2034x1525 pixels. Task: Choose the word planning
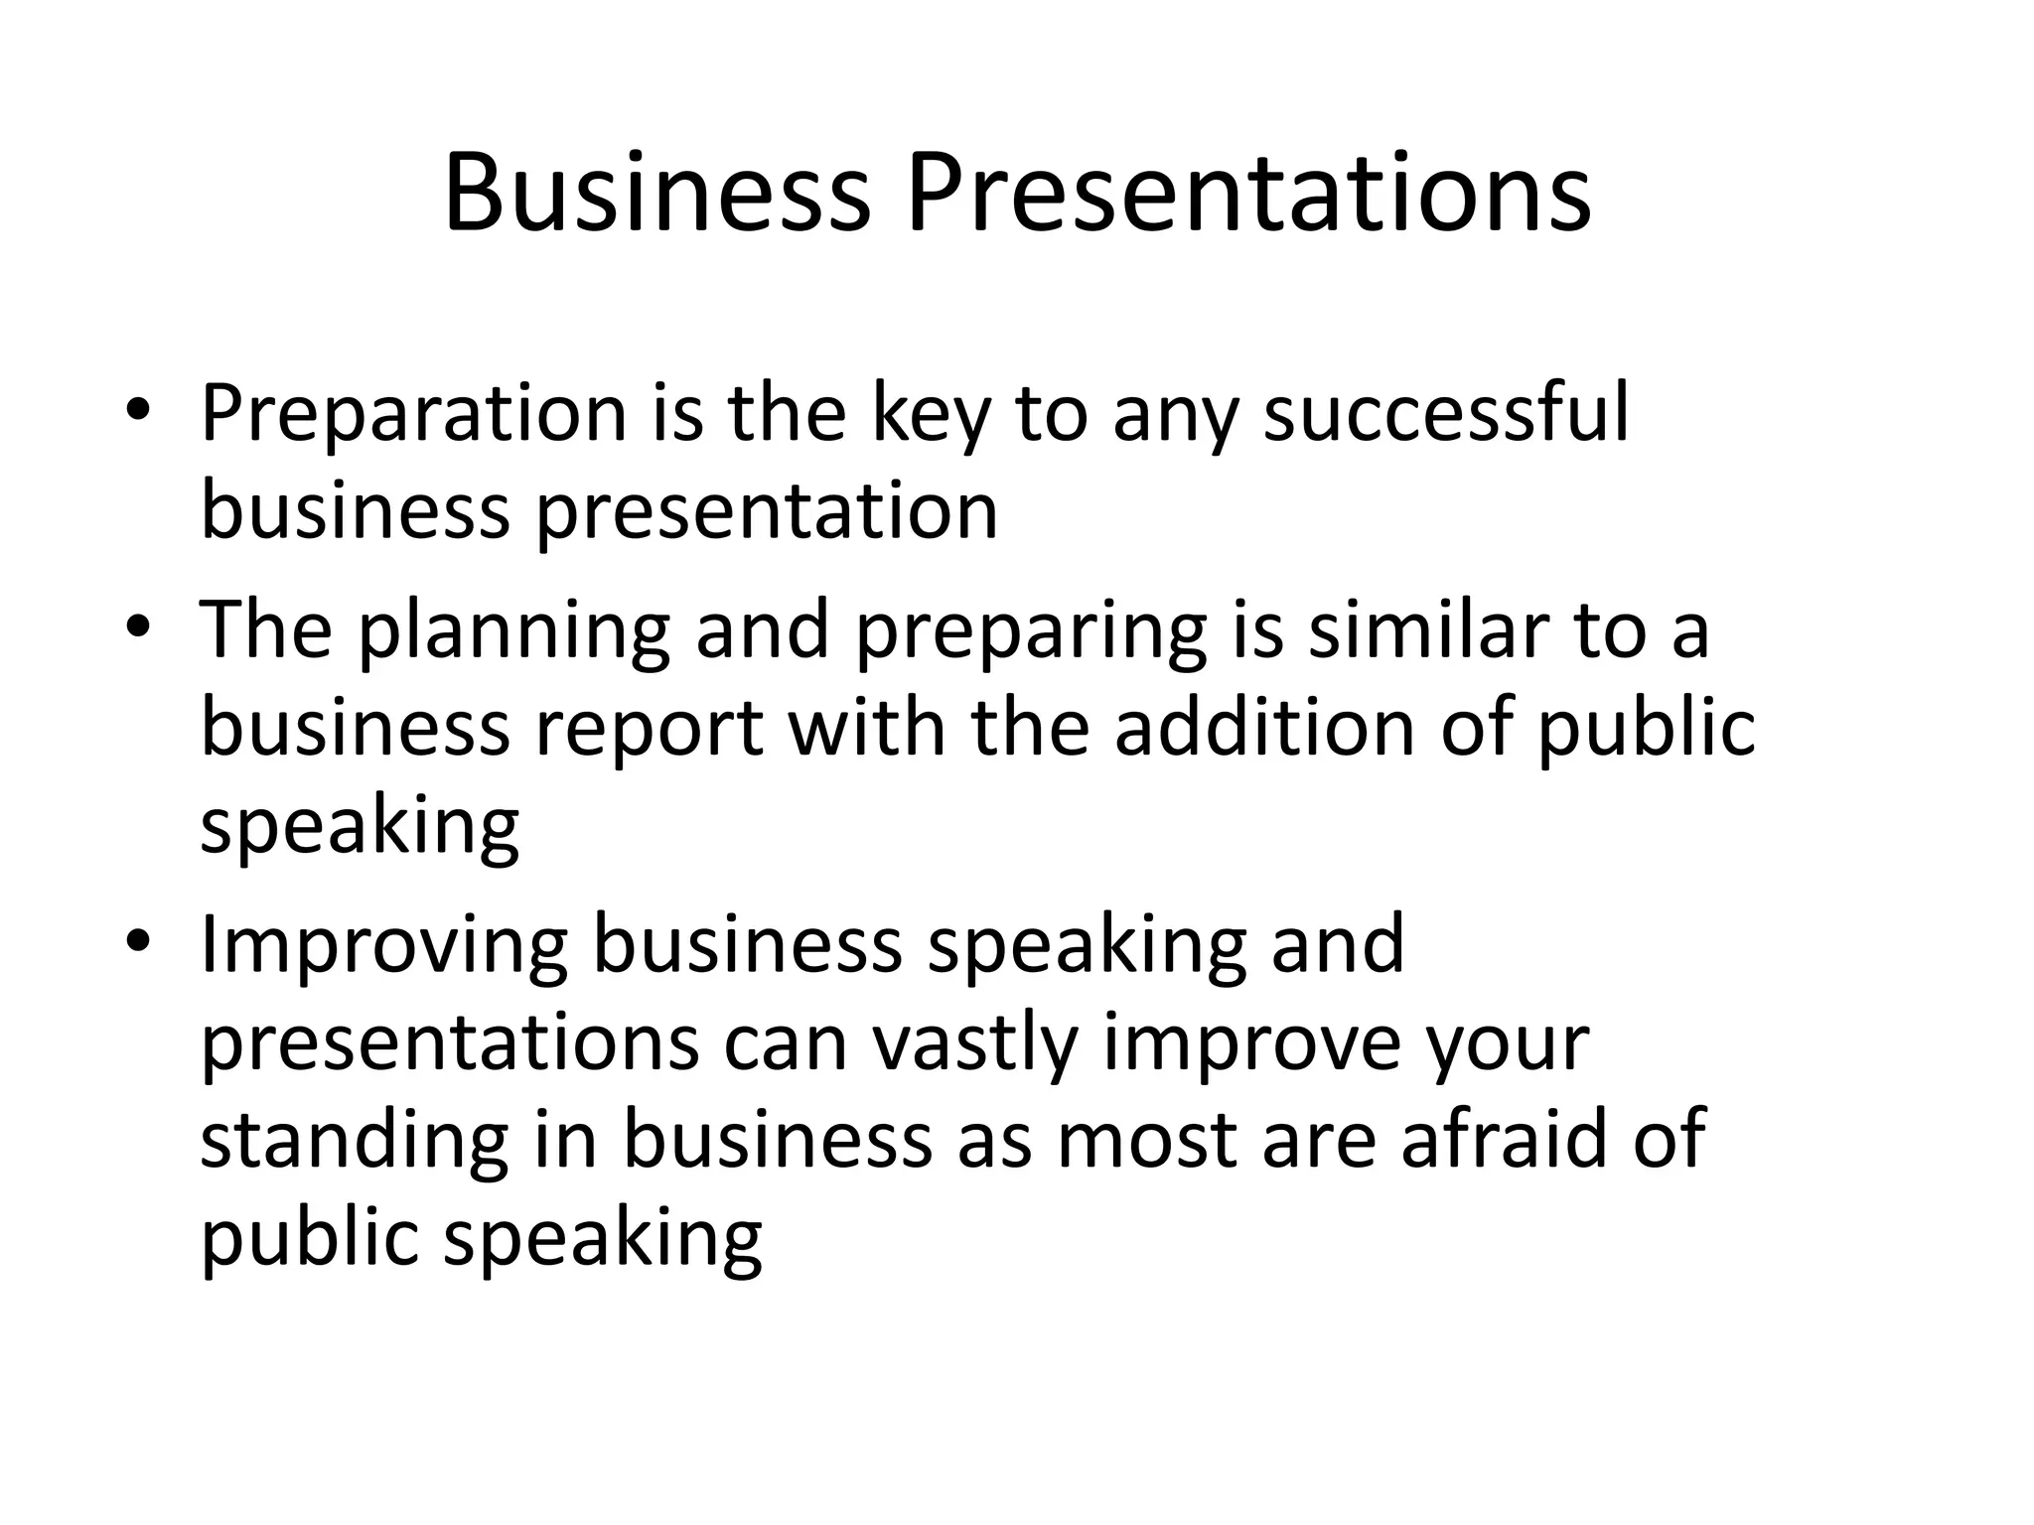coord(513,631)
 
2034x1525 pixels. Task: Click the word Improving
coord(384,945)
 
